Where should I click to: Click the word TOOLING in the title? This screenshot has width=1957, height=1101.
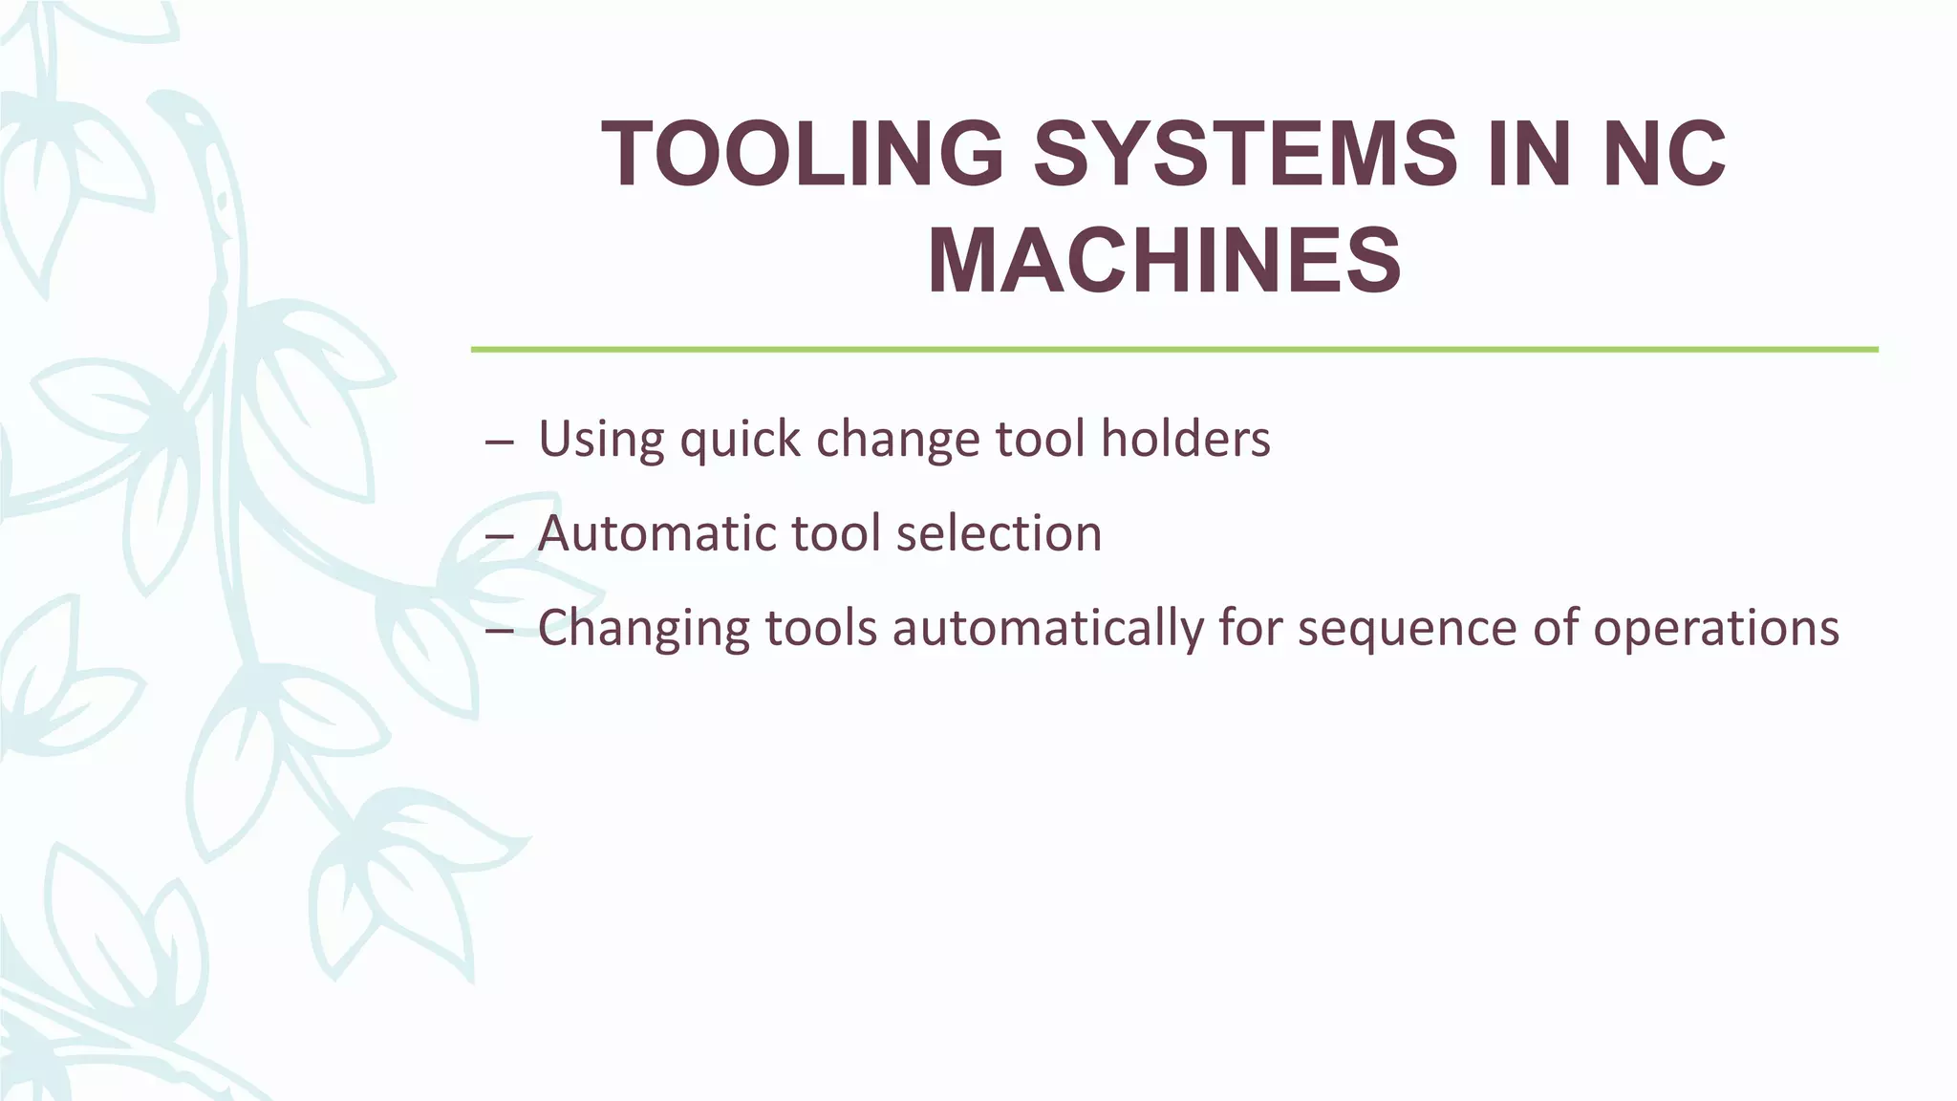click(802, 154)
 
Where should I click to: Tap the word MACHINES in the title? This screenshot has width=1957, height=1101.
click(1164, 260)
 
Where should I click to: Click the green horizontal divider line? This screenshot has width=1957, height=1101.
click(1174, 350)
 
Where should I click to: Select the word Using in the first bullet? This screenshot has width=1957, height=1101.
click(601, 439)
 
